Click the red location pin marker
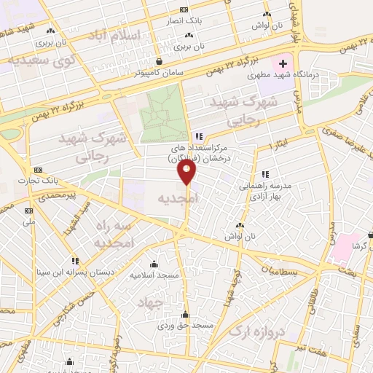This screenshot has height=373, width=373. [189, 173]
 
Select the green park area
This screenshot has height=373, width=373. [162, 114]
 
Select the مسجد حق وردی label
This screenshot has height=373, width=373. [185, 326]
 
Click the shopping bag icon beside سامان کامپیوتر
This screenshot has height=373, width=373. [160, 63]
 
